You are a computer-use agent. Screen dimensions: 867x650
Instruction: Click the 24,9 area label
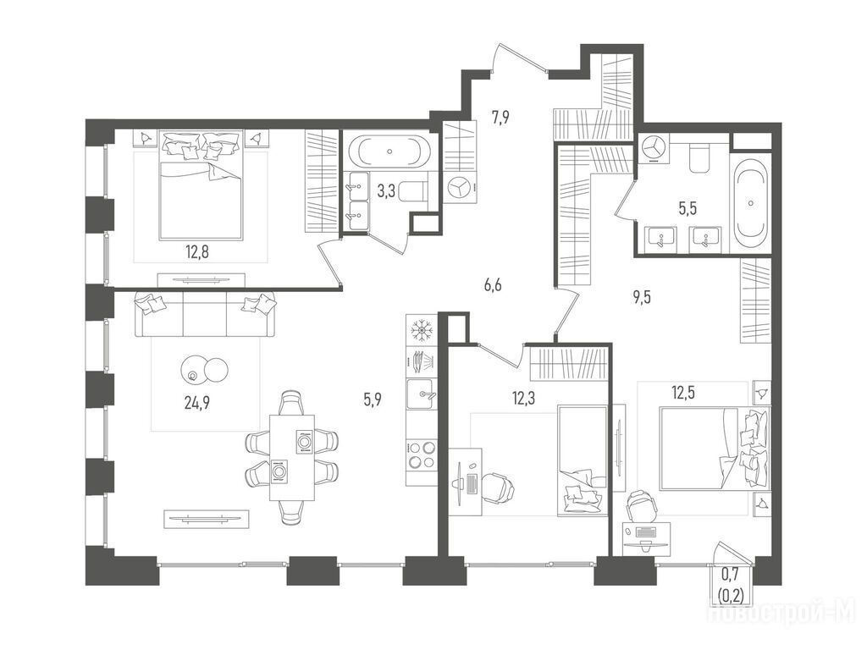(196, 402)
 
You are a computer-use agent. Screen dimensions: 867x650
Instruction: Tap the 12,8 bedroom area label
(196, 254)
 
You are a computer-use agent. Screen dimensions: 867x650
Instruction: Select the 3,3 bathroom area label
(386, 192)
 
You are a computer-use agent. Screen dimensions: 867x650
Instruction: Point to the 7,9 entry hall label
(500, 117)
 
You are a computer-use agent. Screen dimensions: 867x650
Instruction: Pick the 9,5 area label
(642, 298)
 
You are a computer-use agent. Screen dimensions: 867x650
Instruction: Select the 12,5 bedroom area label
(683, 393)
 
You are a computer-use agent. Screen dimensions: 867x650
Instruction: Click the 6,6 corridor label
(493, 286)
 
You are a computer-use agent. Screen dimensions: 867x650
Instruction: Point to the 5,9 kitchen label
(373, 399)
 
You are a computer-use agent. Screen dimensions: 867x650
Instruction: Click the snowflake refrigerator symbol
(422, 331)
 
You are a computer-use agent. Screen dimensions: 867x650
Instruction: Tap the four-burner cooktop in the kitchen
(422, 454)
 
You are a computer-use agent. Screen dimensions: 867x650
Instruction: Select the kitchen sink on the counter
(422, 394)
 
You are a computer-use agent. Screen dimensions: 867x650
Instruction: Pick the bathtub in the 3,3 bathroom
(391, 151)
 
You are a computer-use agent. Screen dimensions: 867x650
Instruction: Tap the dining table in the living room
(292, 457)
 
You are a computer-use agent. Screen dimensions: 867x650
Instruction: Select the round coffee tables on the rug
(203, 369)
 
